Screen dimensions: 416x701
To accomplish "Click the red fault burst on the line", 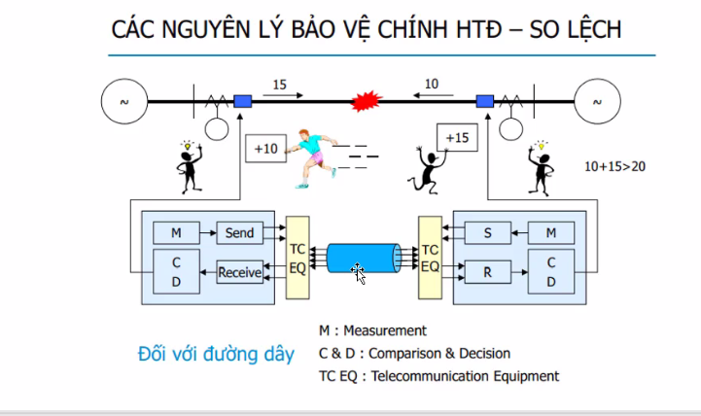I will pos(365,100).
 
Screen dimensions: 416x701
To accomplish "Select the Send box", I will pos(239,233).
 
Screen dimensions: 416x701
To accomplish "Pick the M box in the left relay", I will pos(176,233).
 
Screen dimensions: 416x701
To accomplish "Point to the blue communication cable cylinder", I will pos(362,259).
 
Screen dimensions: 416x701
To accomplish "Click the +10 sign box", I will pos(266,149).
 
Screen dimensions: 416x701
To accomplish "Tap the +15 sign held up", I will pos(457,138).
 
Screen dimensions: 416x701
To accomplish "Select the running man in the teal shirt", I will pos(313,156).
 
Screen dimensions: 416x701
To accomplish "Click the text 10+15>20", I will pos(614,166).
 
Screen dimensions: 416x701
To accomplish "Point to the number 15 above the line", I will pos(279,86).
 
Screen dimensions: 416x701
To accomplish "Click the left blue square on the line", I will pos(242,100).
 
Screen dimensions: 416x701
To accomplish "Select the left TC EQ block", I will pos(298,255).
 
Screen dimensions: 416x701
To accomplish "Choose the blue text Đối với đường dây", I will pos(215,354).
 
